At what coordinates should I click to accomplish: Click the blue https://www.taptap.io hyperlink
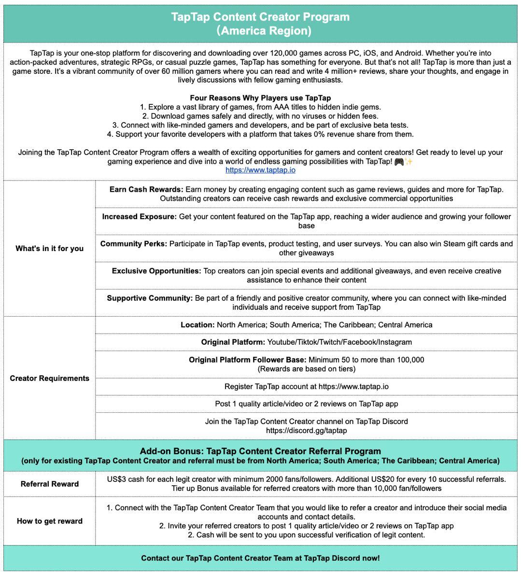coord(260,170)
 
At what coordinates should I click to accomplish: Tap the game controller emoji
coord(399,161)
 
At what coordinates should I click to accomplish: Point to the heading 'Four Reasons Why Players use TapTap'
coord(260,98)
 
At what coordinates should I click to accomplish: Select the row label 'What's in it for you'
coord(49,248)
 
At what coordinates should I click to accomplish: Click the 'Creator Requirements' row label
coord(49,378)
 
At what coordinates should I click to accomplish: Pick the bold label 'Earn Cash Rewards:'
coord(146,189)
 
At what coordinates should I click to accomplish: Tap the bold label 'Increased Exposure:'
coord(139,216)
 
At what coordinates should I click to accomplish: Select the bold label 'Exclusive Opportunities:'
coord(156,271)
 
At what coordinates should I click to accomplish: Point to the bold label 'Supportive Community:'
coord(150,298)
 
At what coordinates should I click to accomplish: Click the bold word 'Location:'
coord(197,324)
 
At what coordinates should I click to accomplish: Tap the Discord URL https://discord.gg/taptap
coord(306,430)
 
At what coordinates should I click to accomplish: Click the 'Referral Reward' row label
coord(49,484)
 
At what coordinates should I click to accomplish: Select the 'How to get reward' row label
coord(49,521)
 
